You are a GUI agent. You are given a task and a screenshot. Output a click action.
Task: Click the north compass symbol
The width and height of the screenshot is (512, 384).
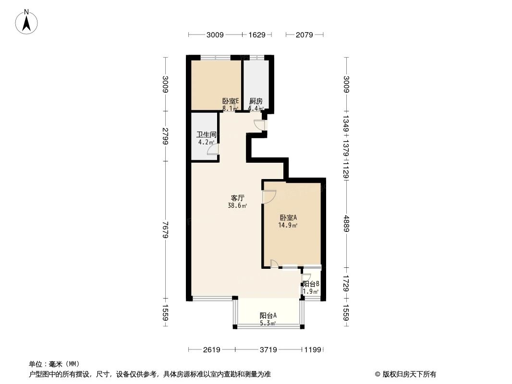coord(27,21)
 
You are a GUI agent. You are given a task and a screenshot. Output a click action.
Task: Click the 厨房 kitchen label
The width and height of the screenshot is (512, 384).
coord(256,101)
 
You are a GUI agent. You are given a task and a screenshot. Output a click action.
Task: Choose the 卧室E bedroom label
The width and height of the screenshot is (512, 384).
coord(230,101)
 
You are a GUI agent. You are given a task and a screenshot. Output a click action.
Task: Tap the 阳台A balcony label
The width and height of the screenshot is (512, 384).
coord(268,315)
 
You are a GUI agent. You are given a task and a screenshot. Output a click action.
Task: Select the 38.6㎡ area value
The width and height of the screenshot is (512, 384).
coord(237,205)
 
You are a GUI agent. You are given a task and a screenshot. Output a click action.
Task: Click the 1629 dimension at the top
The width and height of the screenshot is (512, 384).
coord(257,35)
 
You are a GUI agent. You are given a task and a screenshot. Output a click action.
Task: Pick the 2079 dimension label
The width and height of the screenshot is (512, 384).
coord(305,35)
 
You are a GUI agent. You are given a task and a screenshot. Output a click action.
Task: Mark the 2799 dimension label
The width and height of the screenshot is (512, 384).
coord(166,136)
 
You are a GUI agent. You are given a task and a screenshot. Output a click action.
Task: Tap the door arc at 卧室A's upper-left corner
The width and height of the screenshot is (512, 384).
coord(269,196)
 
